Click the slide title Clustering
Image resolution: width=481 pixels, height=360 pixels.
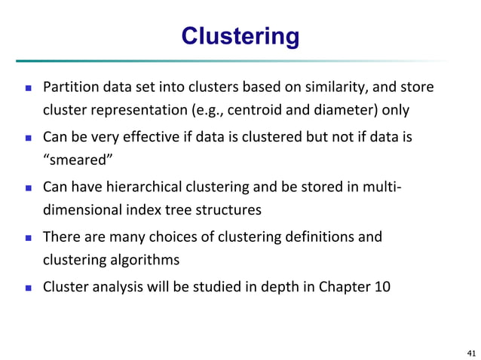[x=240, y=36]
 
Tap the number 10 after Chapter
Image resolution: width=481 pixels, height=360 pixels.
[x=382, y=285]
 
